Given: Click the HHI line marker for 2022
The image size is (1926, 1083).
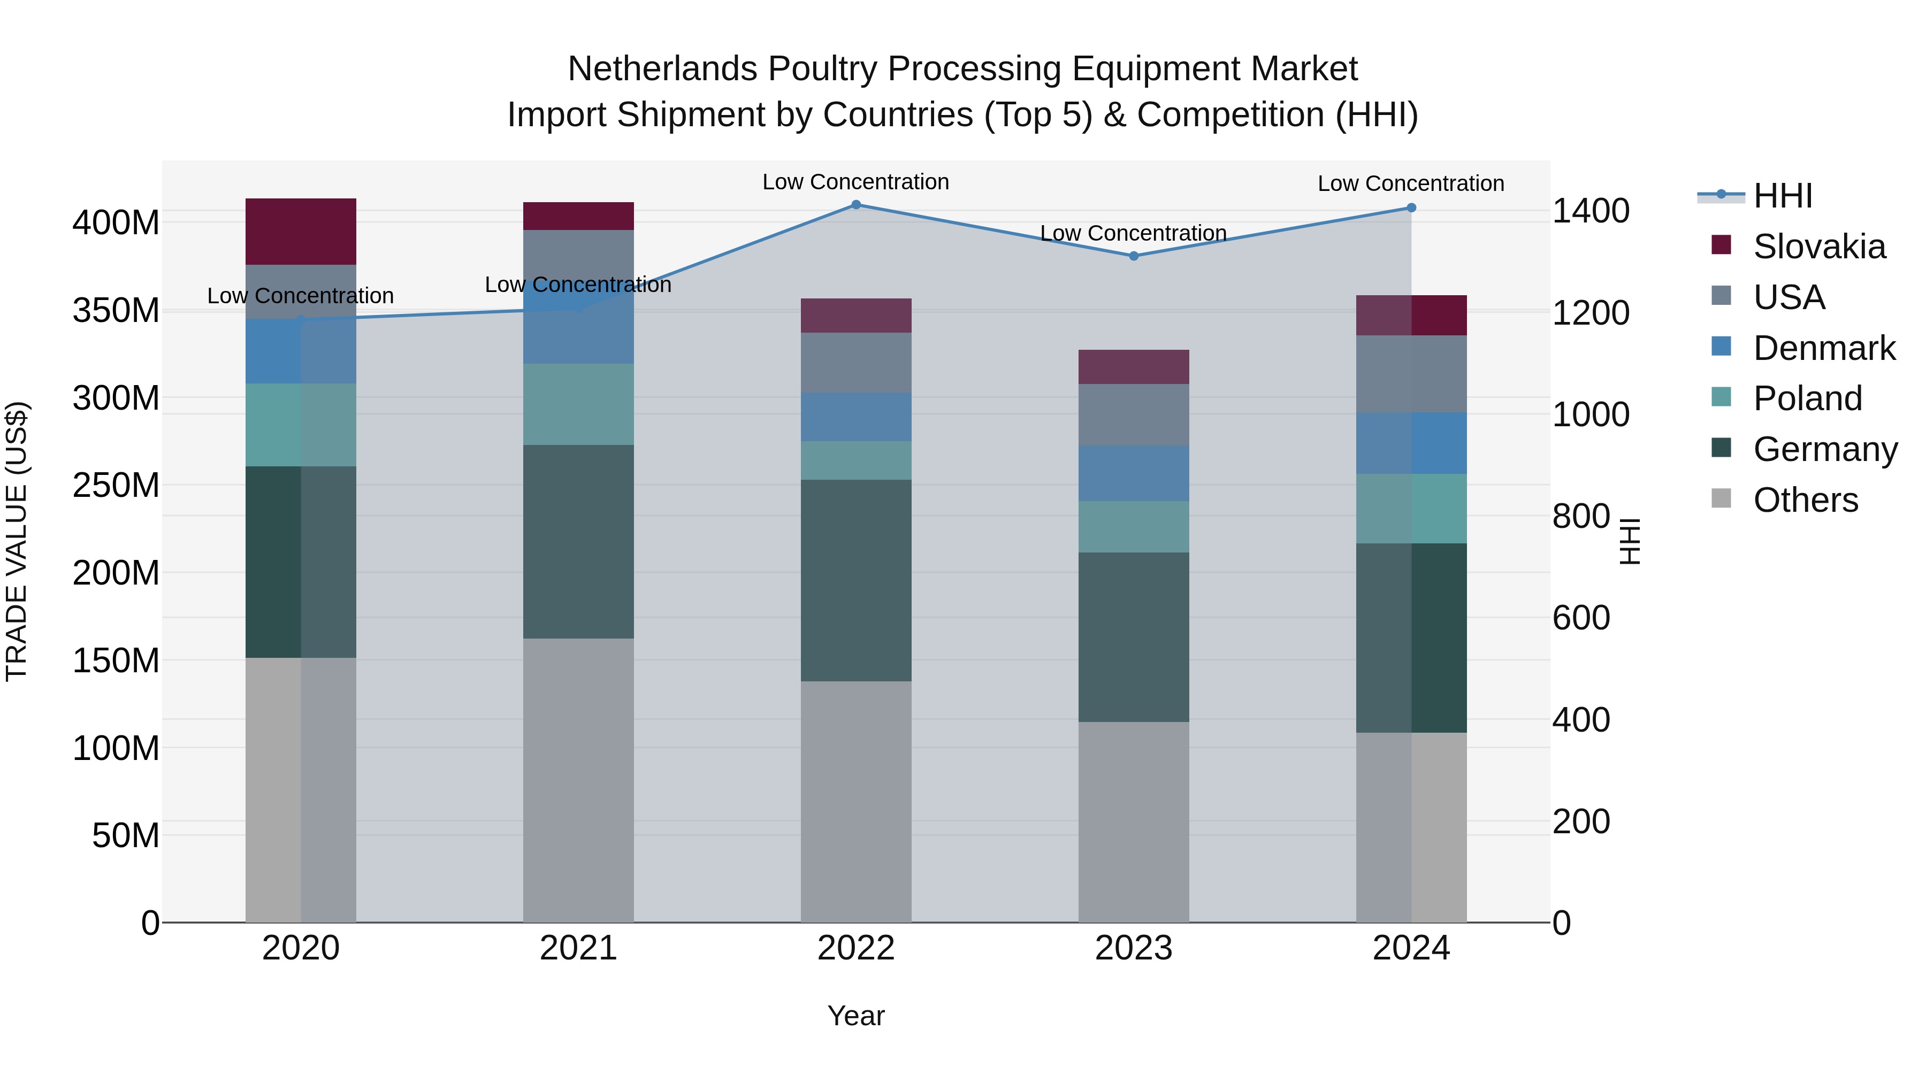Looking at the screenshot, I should coord(856,204).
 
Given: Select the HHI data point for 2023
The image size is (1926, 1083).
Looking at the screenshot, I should coord(1134,256).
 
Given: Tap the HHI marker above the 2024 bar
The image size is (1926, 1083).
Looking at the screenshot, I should coord(1411,208).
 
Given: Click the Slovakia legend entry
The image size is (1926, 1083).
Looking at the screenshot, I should coord(1818,247).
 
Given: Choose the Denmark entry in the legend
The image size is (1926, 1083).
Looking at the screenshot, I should coord(1824,348).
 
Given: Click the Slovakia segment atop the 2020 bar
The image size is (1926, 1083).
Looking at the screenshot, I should coord(301,231).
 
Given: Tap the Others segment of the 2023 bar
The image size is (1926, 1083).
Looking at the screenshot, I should coord(1134,821).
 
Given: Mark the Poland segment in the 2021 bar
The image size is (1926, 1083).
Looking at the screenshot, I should coord(578,404).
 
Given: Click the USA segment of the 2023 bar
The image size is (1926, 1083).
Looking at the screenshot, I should coord(1134,415).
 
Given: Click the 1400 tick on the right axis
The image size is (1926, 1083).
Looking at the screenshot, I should coord(1591,211).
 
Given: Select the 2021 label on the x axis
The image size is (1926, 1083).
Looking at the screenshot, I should coord(578,948).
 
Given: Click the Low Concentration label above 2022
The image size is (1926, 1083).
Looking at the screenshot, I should coord(855,182).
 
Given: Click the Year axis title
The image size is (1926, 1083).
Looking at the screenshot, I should coord(856,1016).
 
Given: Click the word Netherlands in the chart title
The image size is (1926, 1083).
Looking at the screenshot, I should coord(662,69).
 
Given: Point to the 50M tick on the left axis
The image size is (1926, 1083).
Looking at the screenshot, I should coord(126,835).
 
